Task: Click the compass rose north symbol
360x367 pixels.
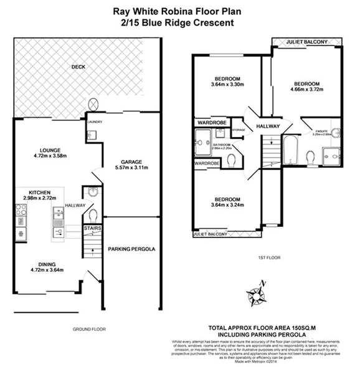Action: (x=255, y=291)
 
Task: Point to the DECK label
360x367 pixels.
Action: (x=78, y=67)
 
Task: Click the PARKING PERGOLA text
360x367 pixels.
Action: (x=131, y=249)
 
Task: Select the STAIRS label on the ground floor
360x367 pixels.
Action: (x=92, y=229)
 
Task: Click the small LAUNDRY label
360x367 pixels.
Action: (x=95, y=122)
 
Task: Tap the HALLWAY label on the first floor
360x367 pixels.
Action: (x=269, y=126)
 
